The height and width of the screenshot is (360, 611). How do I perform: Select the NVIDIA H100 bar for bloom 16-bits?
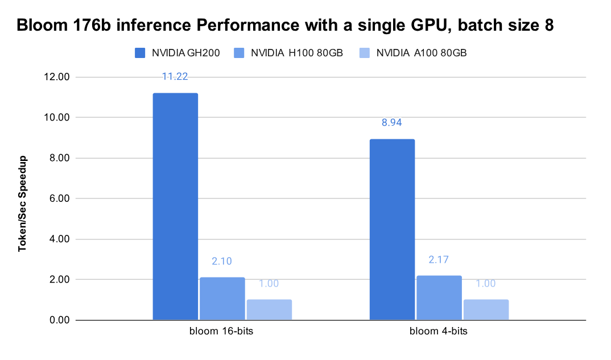pos(222,299)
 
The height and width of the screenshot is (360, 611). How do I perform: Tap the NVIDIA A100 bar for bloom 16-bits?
pos(269,309)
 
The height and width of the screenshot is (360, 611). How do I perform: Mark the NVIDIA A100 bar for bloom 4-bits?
pos(486,309)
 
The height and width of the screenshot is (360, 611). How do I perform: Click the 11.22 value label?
pos(175,76)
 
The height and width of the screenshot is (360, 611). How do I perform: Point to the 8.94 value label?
pos(392,122)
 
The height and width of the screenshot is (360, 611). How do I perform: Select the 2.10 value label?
pos(222,261)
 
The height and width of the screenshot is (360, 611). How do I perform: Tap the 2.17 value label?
pos(439,260)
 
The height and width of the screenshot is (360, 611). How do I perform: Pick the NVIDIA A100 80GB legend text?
pos(422,53)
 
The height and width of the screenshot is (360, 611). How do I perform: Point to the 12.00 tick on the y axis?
pos(56,77)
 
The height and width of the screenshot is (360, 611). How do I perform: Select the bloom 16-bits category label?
pos(222,331)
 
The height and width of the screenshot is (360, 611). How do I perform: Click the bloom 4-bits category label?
pos(439,331)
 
